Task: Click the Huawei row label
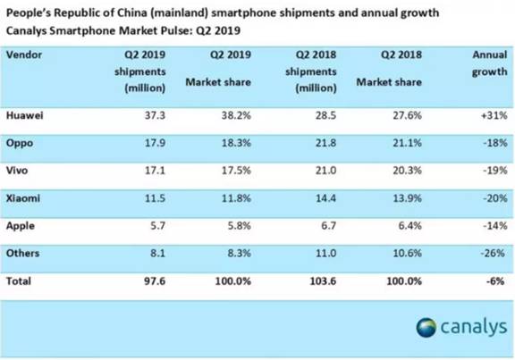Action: pos(25,115)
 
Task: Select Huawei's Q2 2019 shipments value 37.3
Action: pos(155,115)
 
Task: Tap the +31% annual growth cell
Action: pos(494,115)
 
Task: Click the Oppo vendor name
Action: pos(20,144)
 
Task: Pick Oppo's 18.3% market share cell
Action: pos(236,143)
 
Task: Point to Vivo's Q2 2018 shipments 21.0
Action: pos(325,171)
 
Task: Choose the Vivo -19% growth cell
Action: pos(495,171)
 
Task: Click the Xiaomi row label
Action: pos(23,198)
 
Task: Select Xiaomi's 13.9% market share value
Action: pos(408,198)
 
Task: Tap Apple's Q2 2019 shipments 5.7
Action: pos(157,226)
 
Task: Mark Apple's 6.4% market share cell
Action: pos(409,226)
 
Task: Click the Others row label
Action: pos(22,254)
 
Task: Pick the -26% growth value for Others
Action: pos(493,254)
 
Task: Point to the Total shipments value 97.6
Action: pos(155,281)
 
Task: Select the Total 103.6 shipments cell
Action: pos(323,281)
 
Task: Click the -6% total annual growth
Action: pos(495,281)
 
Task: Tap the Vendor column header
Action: pos(24,54)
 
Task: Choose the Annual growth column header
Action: pos(490,63)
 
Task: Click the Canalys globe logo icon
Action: pos(426,327)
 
